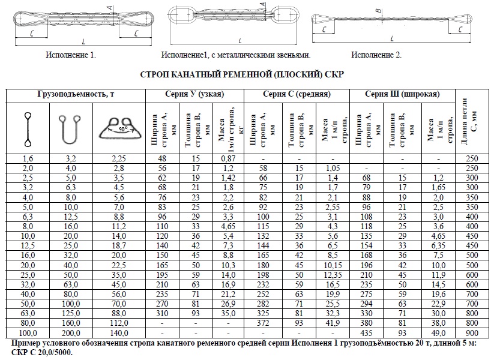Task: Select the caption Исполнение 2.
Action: [376, 55]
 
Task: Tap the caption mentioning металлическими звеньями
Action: [235, 55]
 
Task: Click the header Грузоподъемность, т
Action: [76, 95]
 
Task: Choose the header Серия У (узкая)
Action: [194, 95]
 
